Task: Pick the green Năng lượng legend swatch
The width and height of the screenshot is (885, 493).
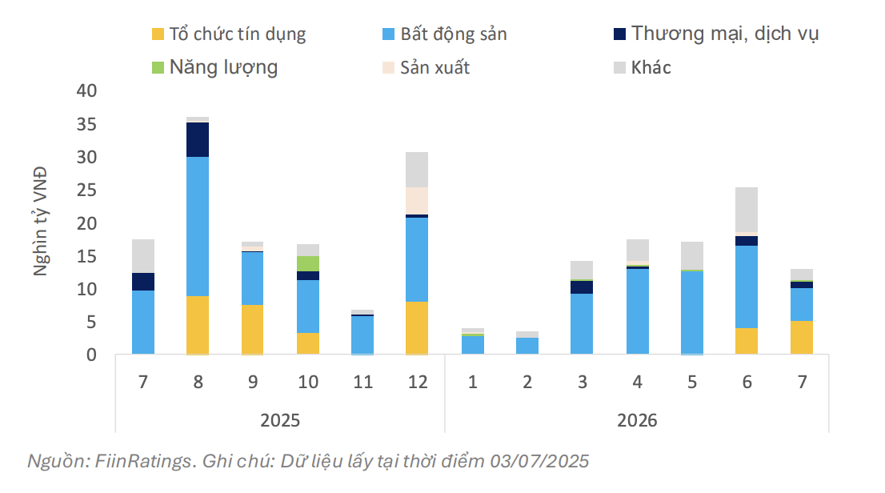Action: point(157,67)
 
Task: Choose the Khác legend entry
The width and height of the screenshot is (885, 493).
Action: point(651,67)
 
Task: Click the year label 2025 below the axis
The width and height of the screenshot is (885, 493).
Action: point(281,419)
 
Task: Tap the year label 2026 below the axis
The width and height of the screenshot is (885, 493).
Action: point(637,419)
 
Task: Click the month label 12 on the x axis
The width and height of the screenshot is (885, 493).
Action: point(417,382)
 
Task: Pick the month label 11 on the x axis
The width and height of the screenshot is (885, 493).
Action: point(362,382)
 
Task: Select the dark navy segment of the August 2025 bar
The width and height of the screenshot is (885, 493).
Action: point(198,139)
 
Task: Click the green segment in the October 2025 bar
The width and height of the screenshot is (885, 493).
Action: point(308,263)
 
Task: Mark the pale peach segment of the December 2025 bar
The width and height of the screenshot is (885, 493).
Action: point(417,200)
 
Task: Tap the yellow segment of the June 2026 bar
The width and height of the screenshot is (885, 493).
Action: point(747,341)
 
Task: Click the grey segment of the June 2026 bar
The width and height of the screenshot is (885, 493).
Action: point(747,209)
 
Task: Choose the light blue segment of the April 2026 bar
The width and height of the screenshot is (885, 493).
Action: point(637,311)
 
